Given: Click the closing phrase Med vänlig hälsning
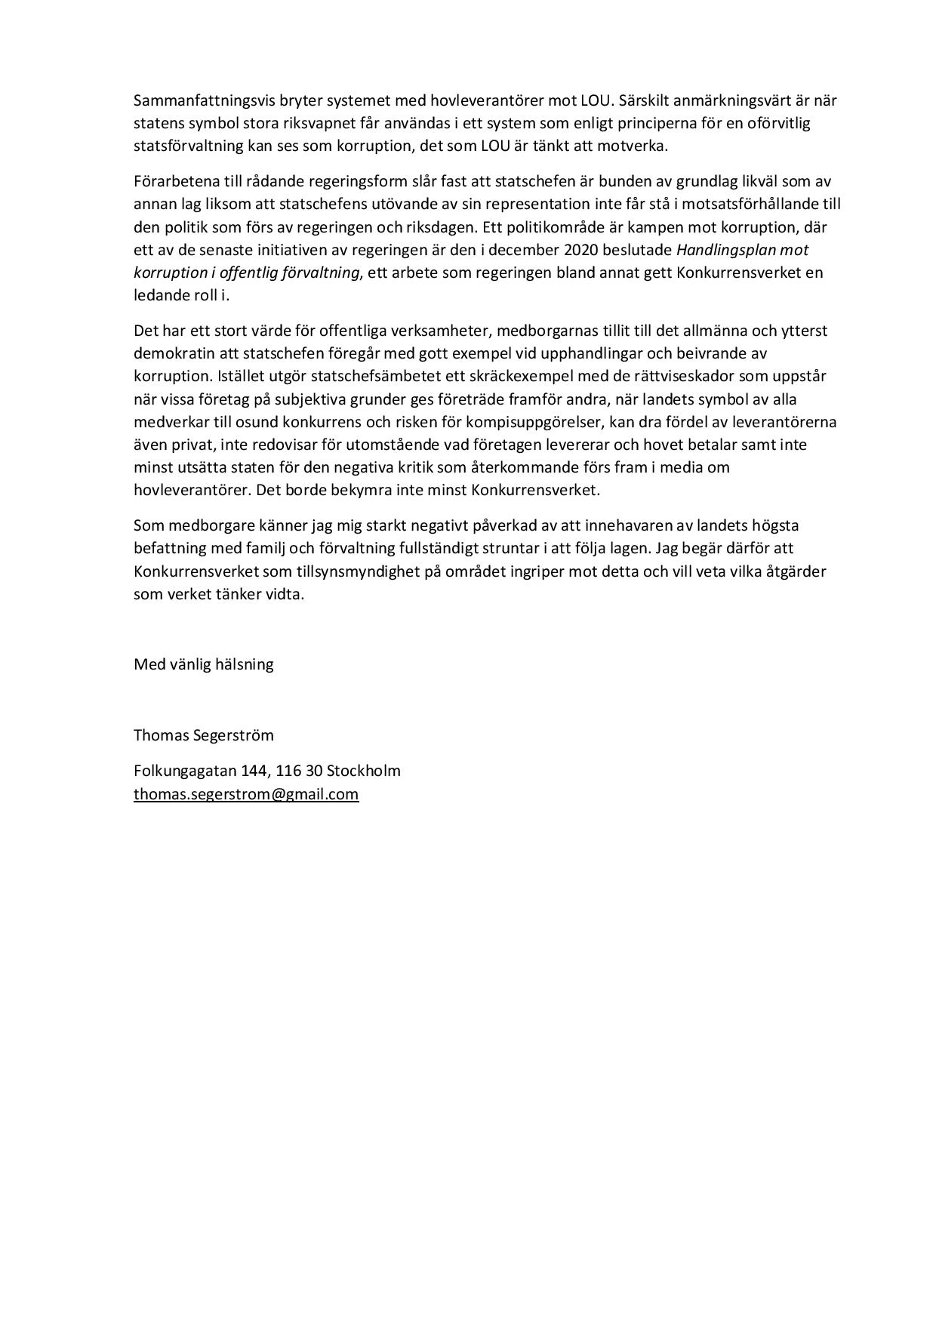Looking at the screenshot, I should pos(204,665).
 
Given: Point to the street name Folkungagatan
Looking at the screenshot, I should pos(185,771).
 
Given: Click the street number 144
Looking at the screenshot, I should pos(254,771).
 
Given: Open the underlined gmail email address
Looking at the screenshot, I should pos(246,794).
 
